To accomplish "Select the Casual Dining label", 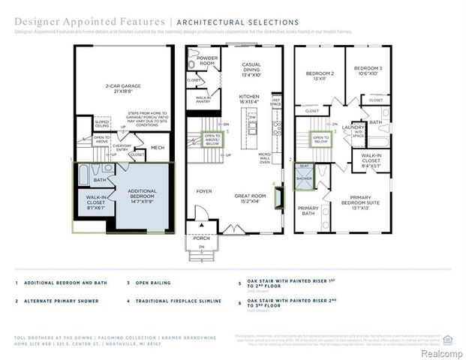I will [x=251, y=70].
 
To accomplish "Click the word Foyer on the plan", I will [x=204, y=191].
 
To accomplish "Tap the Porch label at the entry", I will [x=201, y=238].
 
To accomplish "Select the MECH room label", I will [x=158, y=148].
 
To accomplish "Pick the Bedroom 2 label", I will [x=319, y=75].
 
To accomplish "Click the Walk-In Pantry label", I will [x=203, y=100].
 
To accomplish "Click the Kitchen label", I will [x=248, y=99].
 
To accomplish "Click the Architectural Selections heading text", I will [x=237, y=22].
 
